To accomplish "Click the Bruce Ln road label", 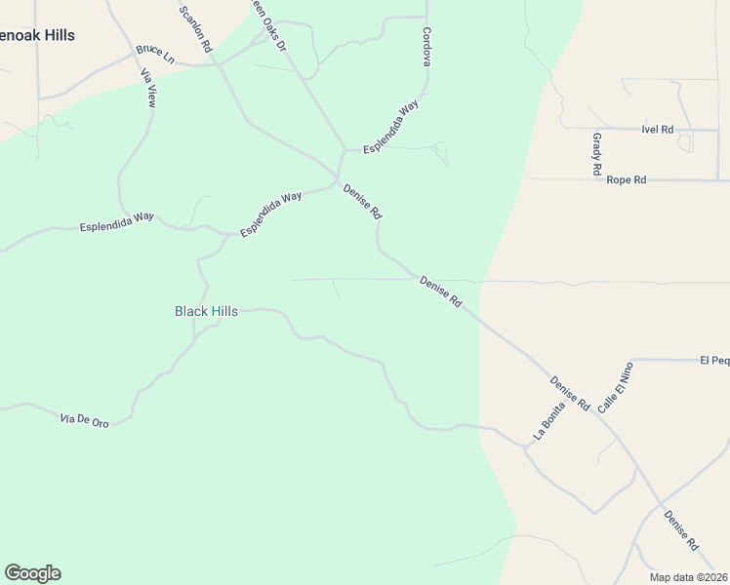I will click(155, 53).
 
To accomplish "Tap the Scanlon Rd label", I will click(195, 28).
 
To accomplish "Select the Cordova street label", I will click(426, 47).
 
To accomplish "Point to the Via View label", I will click(149, 88).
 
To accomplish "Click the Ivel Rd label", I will click(658, 129).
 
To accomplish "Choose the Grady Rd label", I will click(596, 154).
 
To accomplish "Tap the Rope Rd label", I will click(626, 180).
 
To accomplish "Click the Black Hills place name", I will click(206, 311).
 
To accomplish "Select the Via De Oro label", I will click(84, 419).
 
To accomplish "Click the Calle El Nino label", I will click(616, 387).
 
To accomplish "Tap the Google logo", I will click(32, 573).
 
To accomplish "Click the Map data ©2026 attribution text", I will click(689, 577).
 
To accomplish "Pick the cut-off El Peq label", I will click(714, 360).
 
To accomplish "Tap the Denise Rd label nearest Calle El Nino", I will click(570, 392).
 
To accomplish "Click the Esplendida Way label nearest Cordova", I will click(390, 126).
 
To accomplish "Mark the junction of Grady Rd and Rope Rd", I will click(596, 179).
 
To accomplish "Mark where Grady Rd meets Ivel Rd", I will click(593, 129).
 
